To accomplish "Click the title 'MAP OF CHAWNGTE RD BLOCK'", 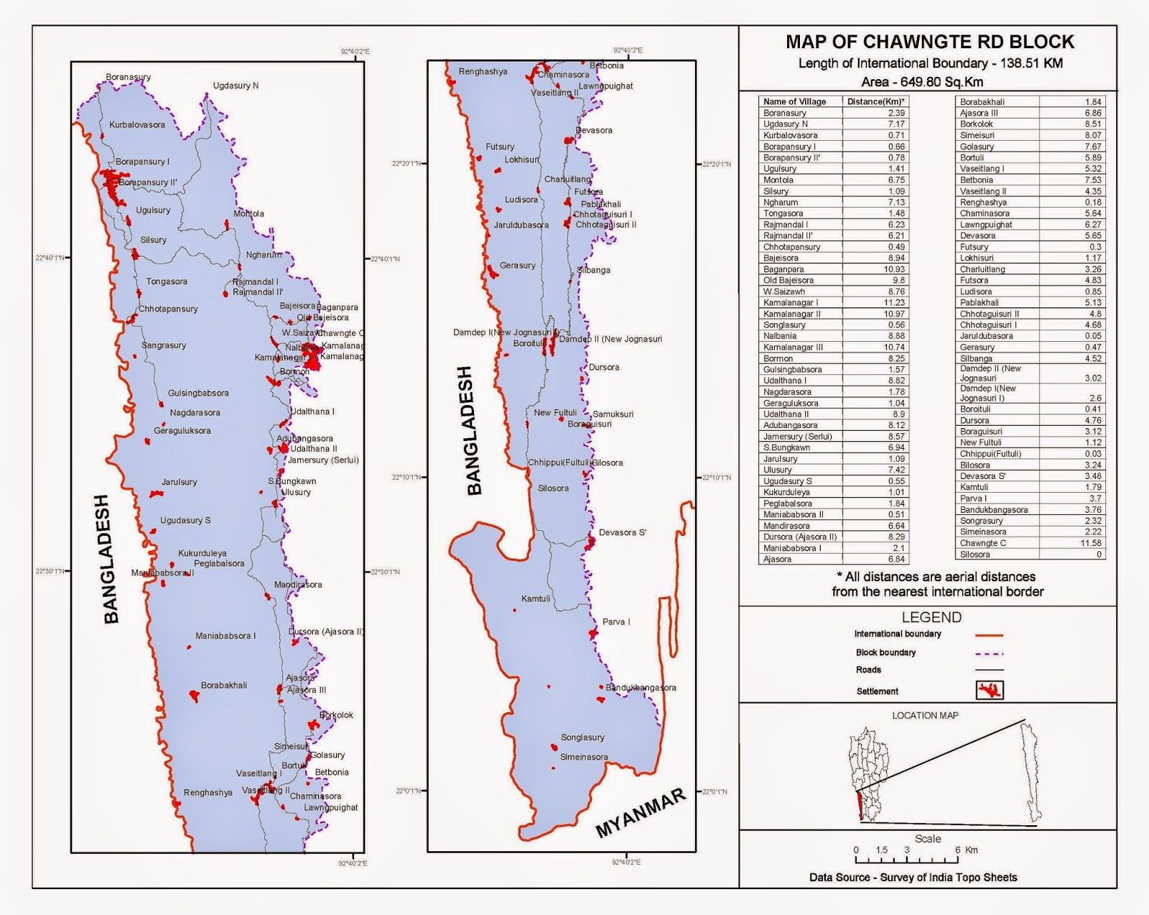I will point(929,42).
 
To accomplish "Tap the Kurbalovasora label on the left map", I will point(137,125).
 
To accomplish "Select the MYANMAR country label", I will point(641,813).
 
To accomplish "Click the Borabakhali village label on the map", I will point(224,686).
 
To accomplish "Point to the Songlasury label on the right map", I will point(582,738).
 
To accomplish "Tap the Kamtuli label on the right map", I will point(536,599).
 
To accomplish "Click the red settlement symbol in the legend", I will point(990,691).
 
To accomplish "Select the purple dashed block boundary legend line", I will point(989,654).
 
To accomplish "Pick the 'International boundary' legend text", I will point(898,634).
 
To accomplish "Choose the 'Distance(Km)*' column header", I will point(875,102).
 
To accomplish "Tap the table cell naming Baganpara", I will point(783,269).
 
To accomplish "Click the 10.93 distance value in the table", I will point(894,269).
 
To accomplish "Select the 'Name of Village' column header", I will point(794,102).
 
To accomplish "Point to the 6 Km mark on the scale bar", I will point(958,850).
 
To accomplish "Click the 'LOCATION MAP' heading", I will point(925,715).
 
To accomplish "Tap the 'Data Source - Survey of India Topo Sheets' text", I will point(913,878).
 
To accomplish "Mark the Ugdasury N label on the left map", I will point(236,86).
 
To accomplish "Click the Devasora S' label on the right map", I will point(623,533).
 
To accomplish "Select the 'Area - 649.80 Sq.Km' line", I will point(922,82).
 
